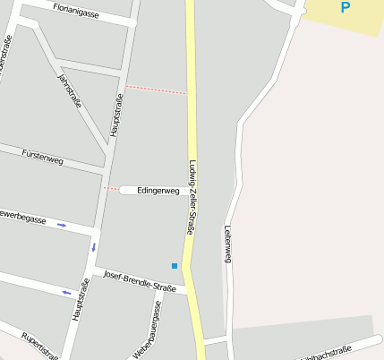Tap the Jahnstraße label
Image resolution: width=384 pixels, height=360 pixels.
69,90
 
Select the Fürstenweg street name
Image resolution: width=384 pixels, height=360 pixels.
43,157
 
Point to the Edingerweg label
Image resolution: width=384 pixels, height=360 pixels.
158,191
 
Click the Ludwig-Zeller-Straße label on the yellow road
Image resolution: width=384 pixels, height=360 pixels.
192,197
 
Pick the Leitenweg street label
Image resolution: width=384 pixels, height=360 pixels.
228,244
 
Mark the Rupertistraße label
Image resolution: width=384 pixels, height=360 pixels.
40,345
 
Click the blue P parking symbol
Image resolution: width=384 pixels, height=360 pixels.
346,8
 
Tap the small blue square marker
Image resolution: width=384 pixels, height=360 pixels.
175,265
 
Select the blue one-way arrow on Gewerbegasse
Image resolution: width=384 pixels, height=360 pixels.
62,225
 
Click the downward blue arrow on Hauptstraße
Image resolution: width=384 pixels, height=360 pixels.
93,246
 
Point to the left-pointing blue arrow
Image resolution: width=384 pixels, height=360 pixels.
66,292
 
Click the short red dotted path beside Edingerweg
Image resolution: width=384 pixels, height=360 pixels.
111,189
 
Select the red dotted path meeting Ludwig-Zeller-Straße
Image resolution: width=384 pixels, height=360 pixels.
156,90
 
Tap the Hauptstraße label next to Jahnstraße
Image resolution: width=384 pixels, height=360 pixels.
115,116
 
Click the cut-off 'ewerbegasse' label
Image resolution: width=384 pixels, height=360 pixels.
22,218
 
